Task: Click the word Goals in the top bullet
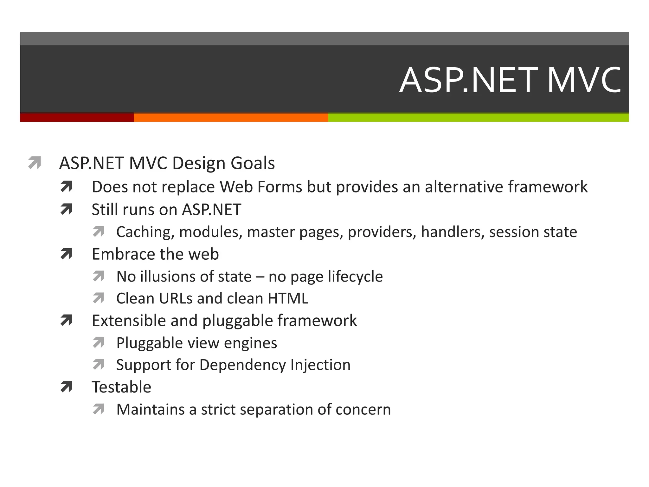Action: click(253, 163)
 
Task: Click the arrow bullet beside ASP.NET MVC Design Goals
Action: click(35, 162)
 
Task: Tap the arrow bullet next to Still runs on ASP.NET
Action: click(67, 209)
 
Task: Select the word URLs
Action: click(175, 299)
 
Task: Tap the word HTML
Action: click(288, 299)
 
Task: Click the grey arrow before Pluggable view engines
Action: click(99, 343)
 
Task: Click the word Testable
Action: click(121, 387)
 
